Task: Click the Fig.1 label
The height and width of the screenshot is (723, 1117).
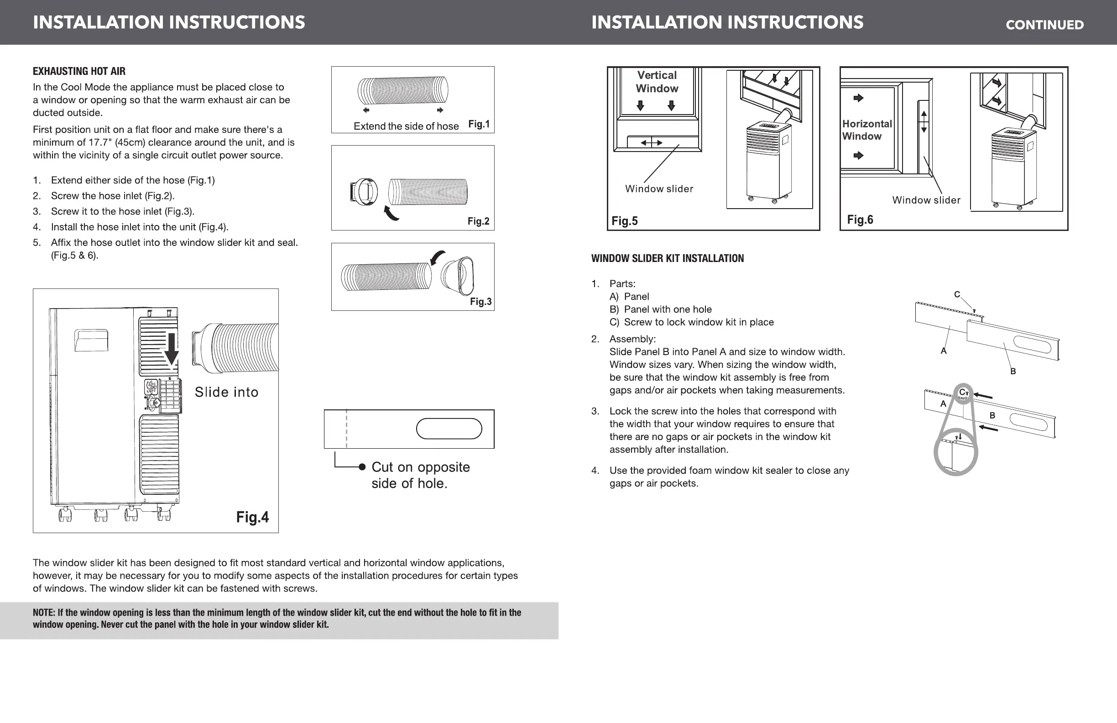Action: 479,124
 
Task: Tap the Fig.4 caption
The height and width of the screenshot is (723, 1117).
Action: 252,517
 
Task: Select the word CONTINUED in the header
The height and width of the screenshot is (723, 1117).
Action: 1044,25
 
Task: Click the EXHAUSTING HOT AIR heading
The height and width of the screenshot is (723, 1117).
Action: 79,71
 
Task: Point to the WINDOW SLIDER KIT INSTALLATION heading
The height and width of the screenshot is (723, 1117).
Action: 667,258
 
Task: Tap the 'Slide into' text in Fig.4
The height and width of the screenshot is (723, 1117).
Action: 226,392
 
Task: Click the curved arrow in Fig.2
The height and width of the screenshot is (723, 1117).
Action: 391,213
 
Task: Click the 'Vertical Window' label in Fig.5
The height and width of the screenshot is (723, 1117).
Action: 657,82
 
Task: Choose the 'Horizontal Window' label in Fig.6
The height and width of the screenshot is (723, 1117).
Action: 866,130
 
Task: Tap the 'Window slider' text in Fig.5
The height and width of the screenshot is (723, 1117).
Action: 658,189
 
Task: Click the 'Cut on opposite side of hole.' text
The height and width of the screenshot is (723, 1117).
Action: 420,475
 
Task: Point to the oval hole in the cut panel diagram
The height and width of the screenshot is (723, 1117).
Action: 449,429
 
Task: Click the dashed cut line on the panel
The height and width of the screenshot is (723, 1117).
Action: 346,429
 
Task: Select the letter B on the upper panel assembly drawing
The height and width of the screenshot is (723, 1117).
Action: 1013,372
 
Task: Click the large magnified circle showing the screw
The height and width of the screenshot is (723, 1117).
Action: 955,452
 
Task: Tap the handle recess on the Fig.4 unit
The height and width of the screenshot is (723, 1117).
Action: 91,341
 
